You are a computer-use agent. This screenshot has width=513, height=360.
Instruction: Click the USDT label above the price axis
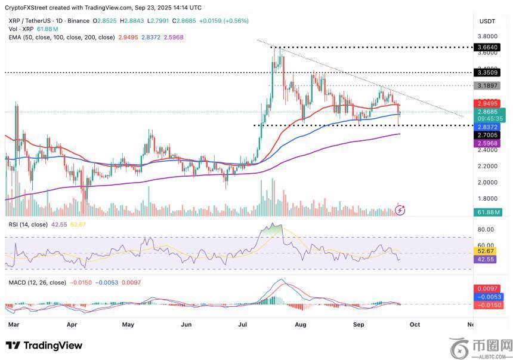pos(487,21)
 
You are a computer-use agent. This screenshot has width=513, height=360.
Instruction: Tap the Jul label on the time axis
pos(243,324)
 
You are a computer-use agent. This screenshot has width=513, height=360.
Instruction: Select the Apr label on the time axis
pos(72,324)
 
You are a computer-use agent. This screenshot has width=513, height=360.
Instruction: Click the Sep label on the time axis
pos(359,324)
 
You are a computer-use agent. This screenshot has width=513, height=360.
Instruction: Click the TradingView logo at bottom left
pos(44,346)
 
